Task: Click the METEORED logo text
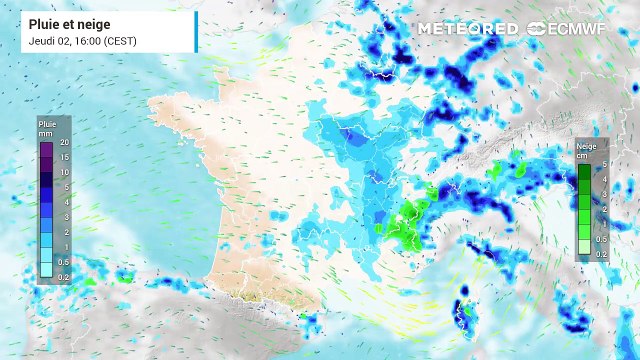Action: pos(468,28)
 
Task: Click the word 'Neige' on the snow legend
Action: pos(585,145)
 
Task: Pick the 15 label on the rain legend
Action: pos(63,158)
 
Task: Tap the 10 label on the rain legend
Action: pos(63,172)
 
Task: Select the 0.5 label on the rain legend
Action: pos(64,260)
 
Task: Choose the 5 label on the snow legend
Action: pos(603,164)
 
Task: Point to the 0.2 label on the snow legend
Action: pos(602,255)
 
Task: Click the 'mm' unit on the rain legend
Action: pos(44,131)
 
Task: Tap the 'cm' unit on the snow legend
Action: pos(580,155)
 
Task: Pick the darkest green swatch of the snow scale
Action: pos(585,171)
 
